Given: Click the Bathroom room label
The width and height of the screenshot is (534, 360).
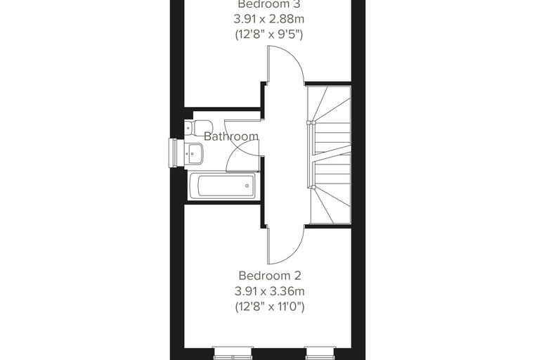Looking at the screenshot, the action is (x=231, y=136).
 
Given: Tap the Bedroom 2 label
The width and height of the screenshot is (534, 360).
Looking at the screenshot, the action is (x=270, y=276).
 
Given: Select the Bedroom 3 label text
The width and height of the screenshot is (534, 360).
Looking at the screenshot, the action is (x=269, y=4).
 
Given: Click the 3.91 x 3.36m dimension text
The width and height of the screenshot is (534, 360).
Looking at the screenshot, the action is (x=269, y=292).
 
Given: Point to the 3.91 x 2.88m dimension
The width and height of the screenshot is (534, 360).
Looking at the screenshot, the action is (x=269, y=19).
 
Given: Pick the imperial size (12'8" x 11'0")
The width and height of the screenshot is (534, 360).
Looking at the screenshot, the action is (x=270, y=307).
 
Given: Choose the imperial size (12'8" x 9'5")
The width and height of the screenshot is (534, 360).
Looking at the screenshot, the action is (x=269, y=34).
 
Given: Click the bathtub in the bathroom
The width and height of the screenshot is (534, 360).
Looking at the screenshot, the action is (x=223, y=186).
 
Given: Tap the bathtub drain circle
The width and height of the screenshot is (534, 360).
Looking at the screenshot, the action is (x=247, y=186).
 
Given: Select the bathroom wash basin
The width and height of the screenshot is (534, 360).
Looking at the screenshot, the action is (x=194, y=153).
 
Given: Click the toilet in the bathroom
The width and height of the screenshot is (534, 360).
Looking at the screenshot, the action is (x=199, y=128).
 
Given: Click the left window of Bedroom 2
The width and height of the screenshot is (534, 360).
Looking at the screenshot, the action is (x=233, y=354).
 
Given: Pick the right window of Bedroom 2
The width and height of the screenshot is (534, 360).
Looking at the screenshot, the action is (x=320, y=354).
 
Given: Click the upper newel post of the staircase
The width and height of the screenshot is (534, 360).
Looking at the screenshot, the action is (x=309, y=123).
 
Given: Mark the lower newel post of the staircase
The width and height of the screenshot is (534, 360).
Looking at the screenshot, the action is (x=311, y=186).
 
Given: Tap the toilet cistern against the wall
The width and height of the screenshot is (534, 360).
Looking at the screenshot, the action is (x=188, y=128).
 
